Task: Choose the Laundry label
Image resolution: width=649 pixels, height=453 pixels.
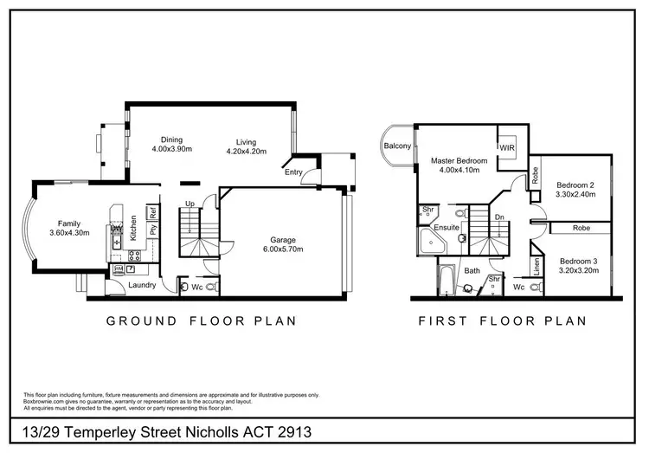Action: click(x=141, y=284)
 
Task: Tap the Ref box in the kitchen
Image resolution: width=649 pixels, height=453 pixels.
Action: click(x=152, y=211)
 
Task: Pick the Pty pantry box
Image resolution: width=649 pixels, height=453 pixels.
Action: click(x=152, y=230)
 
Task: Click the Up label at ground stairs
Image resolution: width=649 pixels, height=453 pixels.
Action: click(x=190, y=204)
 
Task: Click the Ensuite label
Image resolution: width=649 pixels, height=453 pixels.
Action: click(x=447, y=228)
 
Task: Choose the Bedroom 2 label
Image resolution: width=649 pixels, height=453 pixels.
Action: click(x=575, y=185)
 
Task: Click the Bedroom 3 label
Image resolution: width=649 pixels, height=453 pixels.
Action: click(x=577, y=262)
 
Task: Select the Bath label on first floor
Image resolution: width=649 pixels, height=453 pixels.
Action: click(x=472, y=271)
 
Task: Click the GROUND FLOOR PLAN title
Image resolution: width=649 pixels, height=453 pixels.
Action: click(x=202, y=320)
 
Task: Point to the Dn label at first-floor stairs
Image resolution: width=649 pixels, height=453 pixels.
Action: click(x=498, y=217)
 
